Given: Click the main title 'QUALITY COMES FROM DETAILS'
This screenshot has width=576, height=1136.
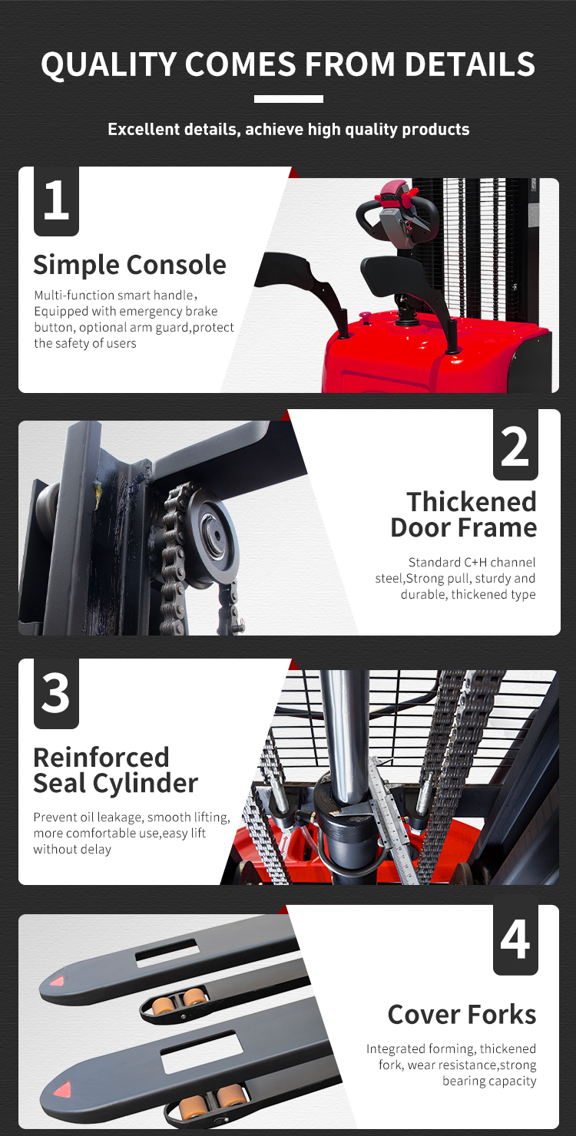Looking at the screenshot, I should [288, 64].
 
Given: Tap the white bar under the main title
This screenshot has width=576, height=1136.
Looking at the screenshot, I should [288, 99].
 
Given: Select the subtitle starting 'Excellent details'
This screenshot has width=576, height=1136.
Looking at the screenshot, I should [288, 129].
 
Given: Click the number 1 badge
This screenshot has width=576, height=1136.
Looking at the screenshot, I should [56, 201].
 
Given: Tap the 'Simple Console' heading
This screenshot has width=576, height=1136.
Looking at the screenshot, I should [129, 265].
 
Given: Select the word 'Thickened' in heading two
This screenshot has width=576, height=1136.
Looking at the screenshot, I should [472, 502].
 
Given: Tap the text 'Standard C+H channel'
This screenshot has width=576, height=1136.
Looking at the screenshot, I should [472, 563].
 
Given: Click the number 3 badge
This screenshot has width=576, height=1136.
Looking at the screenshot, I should [56, 693].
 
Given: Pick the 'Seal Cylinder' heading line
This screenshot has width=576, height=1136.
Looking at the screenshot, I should [115, 784].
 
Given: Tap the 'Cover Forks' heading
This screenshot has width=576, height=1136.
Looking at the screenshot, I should [462, 1014].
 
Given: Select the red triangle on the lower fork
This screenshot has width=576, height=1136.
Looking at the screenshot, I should [60, 1088].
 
